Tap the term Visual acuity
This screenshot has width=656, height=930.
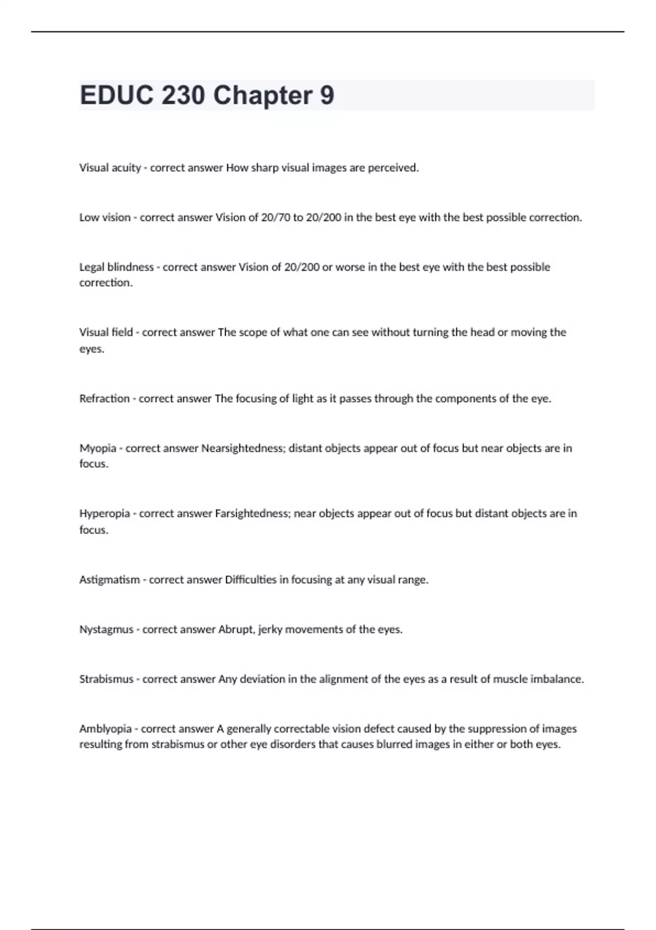(110, 168)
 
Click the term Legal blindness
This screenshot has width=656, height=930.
(116, 268)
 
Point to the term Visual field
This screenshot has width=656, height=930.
(106, 333)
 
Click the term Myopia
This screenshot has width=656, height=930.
(98, 449)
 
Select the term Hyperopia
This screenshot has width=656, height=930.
(104, 514)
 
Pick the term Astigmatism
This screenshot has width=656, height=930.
(109, 580)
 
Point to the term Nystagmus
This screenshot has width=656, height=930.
(106, 630)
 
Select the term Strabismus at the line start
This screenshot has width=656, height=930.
(106, 679)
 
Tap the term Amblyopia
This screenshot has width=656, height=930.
(106, 729)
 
